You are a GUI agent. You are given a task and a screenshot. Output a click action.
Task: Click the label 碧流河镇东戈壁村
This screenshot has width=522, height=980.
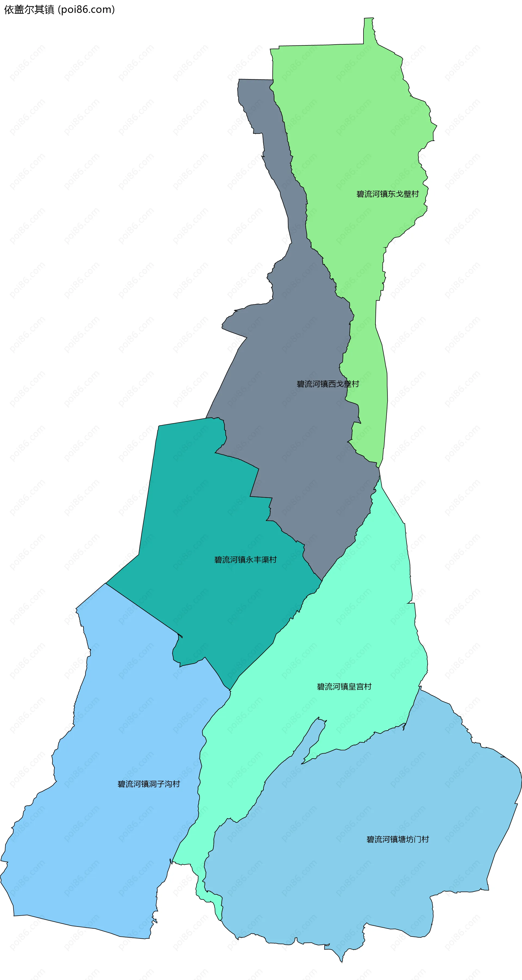point(387,194)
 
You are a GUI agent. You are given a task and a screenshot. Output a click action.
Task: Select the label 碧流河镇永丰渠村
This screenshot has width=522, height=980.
point(246,560)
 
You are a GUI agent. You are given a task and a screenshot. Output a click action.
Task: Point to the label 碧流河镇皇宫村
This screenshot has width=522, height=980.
point(344,687)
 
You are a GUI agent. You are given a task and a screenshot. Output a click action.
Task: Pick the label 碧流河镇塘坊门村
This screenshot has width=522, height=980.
point(397,839)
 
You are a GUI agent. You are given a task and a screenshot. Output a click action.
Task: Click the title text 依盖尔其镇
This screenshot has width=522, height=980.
point(29,10)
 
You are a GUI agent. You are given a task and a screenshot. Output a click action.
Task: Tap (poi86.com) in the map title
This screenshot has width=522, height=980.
point(86,10)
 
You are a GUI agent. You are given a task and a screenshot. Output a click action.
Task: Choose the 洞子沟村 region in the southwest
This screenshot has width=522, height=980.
point(114,837)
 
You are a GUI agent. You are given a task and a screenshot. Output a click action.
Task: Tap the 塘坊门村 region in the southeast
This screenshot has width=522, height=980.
point(380,875)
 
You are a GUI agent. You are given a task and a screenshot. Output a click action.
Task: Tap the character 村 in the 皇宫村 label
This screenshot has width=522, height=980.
point(368,687)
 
